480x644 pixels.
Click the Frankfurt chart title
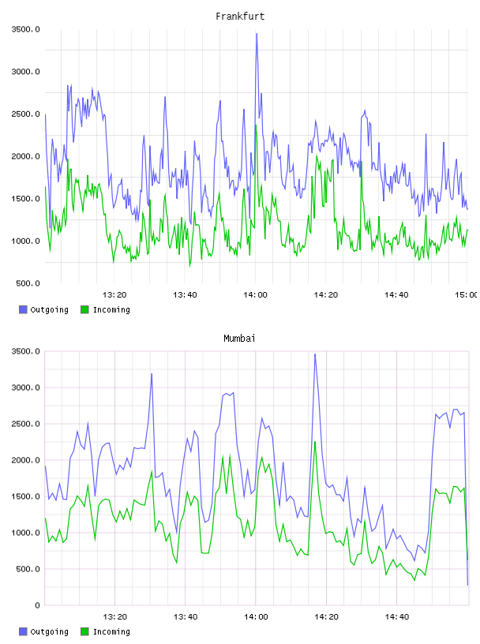point(240,17)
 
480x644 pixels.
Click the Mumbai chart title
point(239,339)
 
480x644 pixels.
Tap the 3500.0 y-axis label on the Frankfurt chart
point(26,29)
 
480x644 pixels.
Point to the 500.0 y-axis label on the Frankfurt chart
point(28,283)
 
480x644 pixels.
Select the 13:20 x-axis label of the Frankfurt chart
point(114,294)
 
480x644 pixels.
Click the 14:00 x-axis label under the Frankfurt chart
point(255,294)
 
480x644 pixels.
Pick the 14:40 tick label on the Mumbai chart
point(396,616)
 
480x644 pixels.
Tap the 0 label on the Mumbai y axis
point(37,605)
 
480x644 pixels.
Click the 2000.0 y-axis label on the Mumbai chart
point(26,460)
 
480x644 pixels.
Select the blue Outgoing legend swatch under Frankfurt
point(23,309)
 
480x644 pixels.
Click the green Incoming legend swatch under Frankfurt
point(84,309)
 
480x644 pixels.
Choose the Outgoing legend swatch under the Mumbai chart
point(23,631)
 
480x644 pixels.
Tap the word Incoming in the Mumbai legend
point(111,631)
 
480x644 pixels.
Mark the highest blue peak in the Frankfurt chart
point(257,34)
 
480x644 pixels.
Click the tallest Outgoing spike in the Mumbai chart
point(315,354)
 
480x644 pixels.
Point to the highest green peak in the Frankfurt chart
point(256,125)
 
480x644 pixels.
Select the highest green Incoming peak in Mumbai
point(315,441)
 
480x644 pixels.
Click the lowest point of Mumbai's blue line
point(467,585)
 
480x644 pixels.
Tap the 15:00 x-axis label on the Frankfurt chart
point(466,294)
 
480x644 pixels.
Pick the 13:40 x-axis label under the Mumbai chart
point(185,616)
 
